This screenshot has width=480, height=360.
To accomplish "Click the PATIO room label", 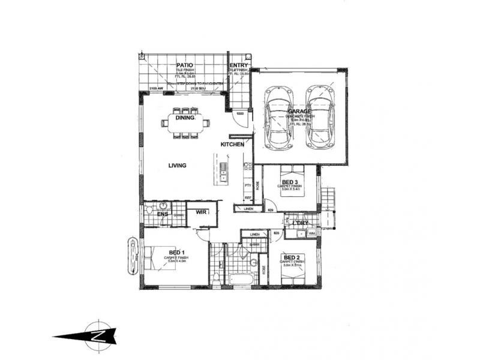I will click(x=183, y=65).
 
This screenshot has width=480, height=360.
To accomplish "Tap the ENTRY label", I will click(x=238, y=65).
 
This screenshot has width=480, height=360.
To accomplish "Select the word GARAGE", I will click(x=298, y=112).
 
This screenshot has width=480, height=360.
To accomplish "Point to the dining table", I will click(x=185, y=123).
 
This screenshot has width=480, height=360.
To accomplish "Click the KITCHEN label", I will click(x=232, y=145).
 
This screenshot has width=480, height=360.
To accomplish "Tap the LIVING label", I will click(x=177, y=166).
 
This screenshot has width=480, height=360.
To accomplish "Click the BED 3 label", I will click(x=290, y=182).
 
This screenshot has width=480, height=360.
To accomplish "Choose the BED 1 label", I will click(x=176, y=253).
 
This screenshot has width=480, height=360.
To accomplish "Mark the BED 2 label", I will click(x=292, y=257).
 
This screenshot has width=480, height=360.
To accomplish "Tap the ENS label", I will click(x=163, y=214).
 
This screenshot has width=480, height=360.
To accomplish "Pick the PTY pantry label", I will click(x=247, y=186).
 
